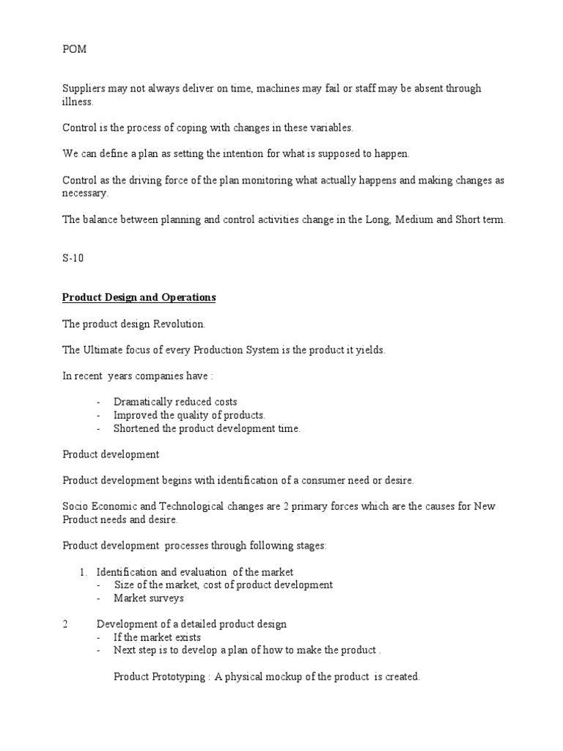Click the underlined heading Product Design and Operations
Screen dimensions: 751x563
(139, 298)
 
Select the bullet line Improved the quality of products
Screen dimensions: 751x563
(189, 415)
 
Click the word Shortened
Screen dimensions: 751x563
(138, 428)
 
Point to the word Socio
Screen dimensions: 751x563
(76, 507)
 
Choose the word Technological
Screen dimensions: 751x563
(186, 507)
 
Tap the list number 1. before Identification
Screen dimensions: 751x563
(84, 572)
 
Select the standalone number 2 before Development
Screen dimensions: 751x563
(65, 624)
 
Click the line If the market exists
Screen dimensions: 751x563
(157, 637)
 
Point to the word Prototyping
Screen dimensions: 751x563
(180, 677)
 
